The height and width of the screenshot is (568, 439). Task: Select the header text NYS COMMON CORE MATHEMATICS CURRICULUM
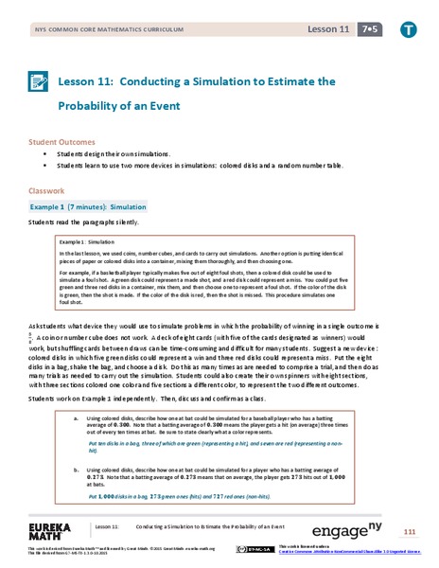pos(86,31)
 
